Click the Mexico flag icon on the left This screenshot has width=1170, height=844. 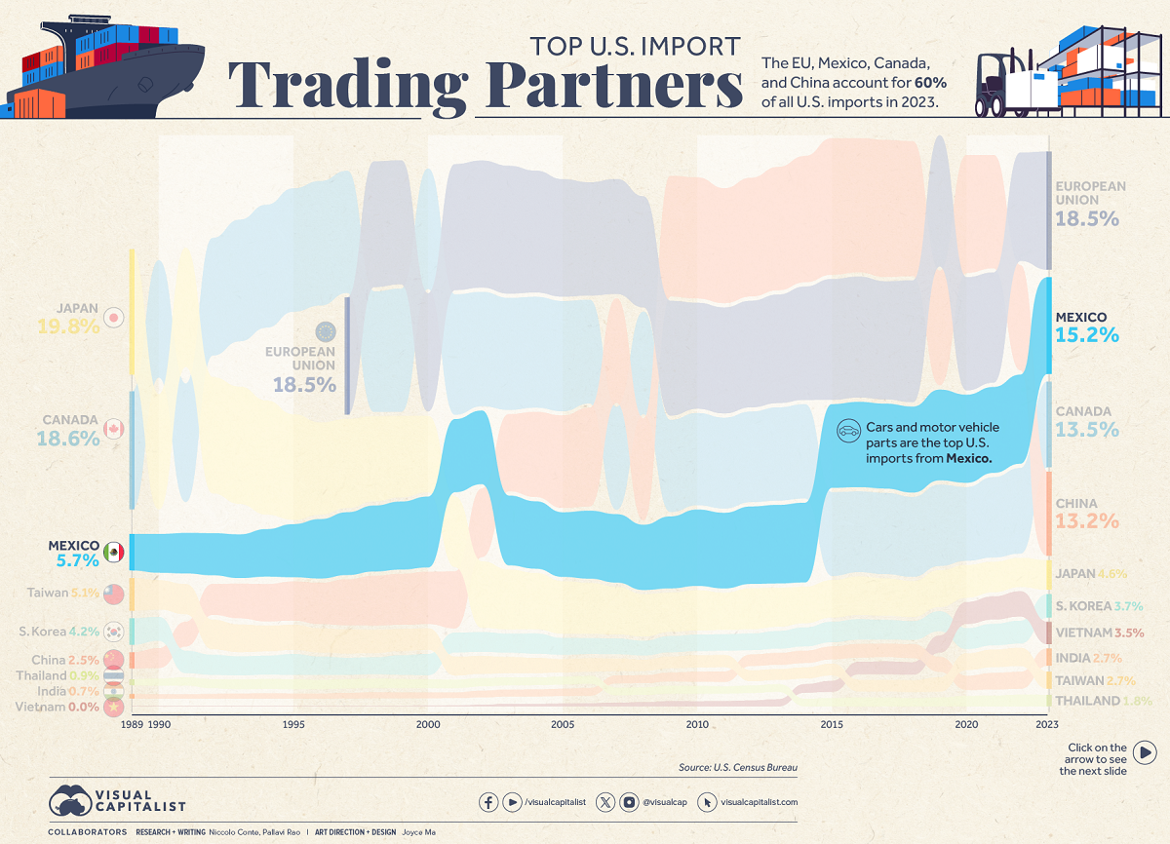(114, 553)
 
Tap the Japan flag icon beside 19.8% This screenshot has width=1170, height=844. (114, 318)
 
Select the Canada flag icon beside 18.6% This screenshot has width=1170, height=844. (114, 430)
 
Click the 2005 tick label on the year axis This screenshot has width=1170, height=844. (563, 725)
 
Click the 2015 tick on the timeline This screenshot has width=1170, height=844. (832, 725)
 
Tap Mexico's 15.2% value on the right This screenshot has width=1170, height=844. (1087, 336)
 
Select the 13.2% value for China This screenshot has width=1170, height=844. (1087, 521)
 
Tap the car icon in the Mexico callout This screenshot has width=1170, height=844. (849, 429)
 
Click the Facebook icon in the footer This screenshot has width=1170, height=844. (488, 802)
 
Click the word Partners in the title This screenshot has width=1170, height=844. (614, 86)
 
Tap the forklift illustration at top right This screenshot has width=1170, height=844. (1004, 83)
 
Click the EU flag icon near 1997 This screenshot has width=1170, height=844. (325, 332)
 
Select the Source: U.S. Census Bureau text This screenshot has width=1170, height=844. (738, 768)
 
